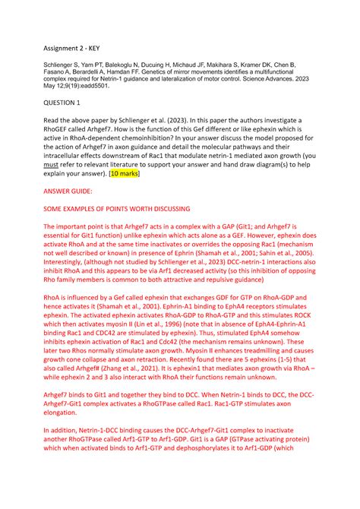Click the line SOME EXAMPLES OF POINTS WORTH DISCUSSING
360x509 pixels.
click(x=116, y=208)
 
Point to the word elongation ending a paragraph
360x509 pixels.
click(x=65, y=432)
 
